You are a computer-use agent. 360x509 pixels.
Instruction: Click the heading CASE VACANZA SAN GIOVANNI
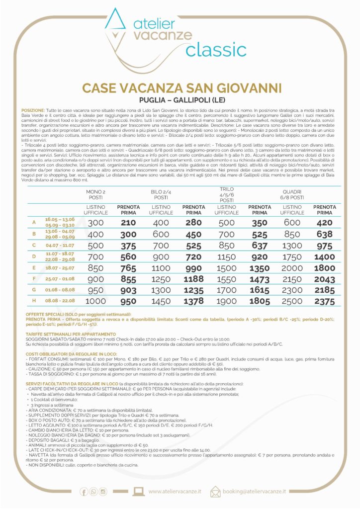(x=180, y=88)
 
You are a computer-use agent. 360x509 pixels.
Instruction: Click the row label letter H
(x=34, y=302)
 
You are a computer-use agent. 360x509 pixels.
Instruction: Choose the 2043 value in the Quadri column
(x=324, y=279)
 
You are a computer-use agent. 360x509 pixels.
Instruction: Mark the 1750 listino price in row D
(x=292, y=256)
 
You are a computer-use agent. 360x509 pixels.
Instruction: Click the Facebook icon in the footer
(x=84, y=492)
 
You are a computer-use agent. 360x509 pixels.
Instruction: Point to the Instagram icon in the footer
(x=103, y=492)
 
